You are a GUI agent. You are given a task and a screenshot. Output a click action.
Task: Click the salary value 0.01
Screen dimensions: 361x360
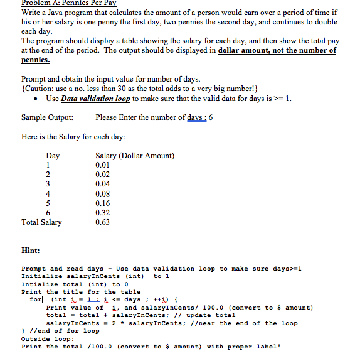[x=103, y=165]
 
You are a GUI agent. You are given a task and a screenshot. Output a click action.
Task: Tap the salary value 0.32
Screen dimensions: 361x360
[x=103, y=212]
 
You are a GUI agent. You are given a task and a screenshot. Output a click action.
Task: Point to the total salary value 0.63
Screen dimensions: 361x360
[x=103, y=222]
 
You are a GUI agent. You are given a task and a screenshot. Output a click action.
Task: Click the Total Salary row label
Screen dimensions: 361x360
[x=41, y=222]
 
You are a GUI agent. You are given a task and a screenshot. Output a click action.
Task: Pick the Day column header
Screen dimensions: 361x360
[x=53, y=156]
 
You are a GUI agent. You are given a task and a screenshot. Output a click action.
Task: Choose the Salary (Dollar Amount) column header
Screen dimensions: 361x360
[x=135, y=156]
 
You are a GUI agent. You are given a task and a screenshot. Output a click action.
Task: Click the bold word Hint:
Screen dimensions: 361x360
[x=31, y=250]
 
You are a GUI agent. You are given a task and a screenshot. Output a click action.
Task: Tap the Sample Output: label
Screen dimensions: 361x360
[x=47, y=117]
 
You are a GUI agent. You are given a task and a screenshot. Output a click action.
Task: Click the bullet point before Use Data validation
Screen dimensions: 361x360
[x=40, y=99]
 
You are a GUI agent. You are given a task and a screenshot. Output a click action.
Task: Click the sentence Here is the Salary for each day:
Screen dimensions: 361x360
[x=73, y=137]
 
